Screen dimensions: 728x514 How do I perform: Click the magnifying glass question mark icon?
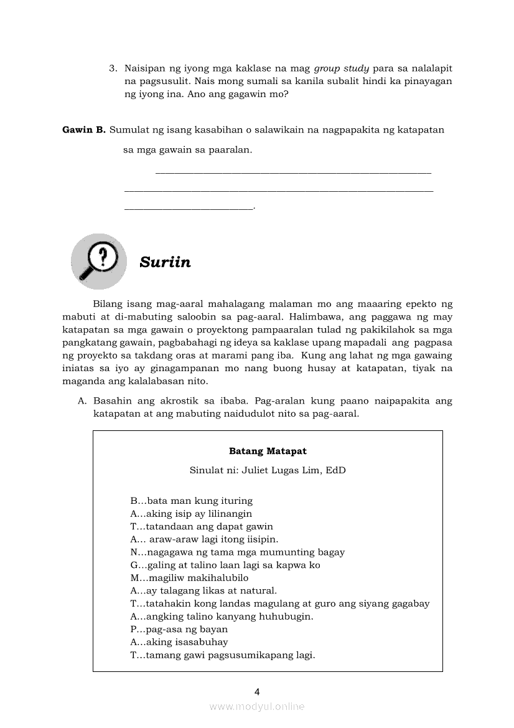pyautogui.click(x=98, y=261)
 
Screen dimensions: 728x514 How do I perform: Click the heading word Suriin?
pyautogui.click(x=165, y=262)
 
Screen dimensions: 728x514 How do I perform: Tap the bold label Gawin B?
pyautogui.click(x=84, y=130)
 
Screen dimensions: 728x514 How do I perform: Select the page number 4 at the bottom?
pyautogui.click(x=257, y=691)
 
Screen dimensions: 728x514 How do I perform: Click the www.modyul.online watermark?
pyautogui.click(x=257, y=707)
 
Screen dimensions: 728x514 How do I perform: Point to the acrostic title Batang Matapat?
pyautogui.click(x=268, y=451)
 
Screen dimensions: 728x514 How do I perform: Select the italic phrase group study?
pyautogui.click(x=342, y=68)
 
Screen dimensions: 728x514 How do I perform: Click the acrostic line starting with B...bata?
pyautogui.click(x=191, y=501)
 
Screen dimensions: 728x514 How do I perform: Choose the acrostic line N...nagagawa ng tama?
pyautogui.click(x=237, y=552)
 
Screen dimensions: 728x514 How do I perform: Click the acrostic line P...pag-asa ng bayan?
pyautogui.click(x=179, y=629)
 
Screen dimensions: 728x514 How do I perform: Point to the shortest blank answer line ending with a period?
pyautogui.click(x=189, y=208)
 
